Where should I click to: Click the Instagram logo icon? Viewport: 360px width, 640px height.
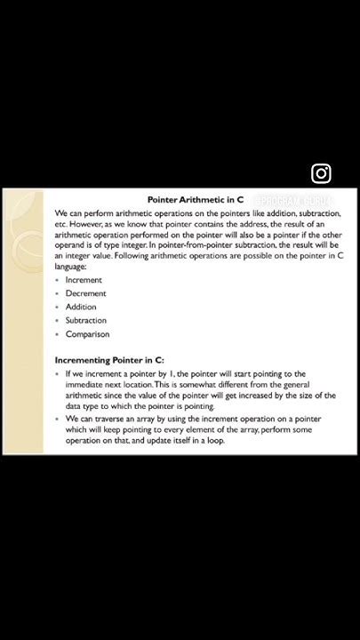[322, 173]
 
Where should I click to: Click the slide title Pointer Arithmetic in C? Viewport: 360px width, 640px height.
[196, 200]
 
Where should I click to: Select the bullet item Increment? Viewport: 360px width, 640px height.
[84, 280]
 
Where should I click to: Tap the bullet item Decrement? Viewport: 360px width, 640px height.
[85, 293]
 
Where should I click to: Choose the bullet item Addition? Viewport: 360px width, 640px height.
[81, 307]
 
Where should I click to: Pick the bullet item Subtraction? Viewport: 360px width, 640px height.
[86, 320]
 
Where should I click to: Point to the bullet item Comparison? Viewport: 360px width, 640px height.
[87, 334]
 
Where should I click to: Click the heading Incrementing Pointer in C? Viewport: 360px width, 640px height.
[109, 360]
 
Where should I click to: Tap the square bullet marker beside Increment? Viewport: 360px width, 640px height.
[57, 280]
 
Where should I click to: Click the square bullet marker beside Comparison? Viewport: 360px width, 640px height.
[57, 334]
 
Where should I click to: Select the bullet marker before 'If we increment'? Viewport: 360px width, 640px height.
[57, 374]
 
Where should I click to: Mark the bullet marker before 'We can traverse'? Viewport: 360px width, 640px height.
[57, 418]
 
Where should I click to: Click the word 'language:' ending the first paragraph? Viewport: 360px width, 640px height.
[72, 265]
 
